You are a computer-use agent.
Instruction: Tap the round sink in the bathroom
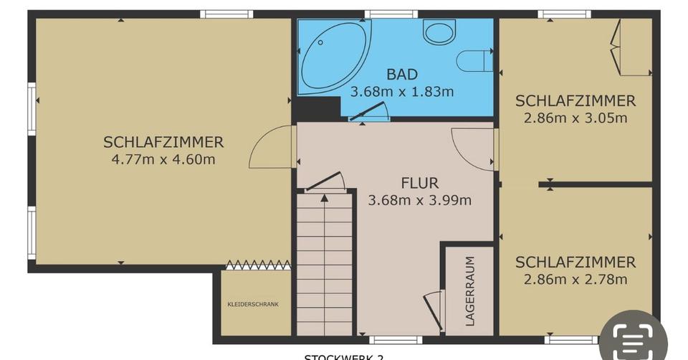pyautogui.click(x=439, y=32)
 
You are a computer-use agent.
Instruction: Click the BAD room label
pyautogui.click(x=401, y=75)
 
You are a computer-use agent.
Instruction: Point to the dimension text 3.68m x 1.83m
pyautogui.click(x=401, y=92)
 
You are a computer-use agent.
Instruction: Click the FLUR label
pyautogui.click(x=419, y=184)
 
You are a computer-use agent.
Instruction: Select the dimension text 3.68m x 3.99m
pyautogui.click(x=419, y=201)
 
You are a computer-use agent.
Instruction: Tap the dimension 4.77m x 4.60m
pyautogui.click(x=163, y=159)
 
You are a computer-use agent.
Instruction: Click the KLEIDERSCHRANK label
pyautogui.click(x=253, y=304)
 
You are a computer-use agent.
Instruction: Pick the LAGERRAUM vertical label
pyautogui.click(x=470, y=290)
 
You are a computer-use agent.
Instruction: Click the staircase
pyautogui.click(x=325, y=265)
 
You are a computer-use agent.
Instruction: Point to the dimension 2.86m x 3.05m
pyautogui.click(x=575, y=118)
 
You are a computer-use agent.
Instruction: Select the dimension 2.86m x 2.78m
pyautogui.click(x=575, y=279)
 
